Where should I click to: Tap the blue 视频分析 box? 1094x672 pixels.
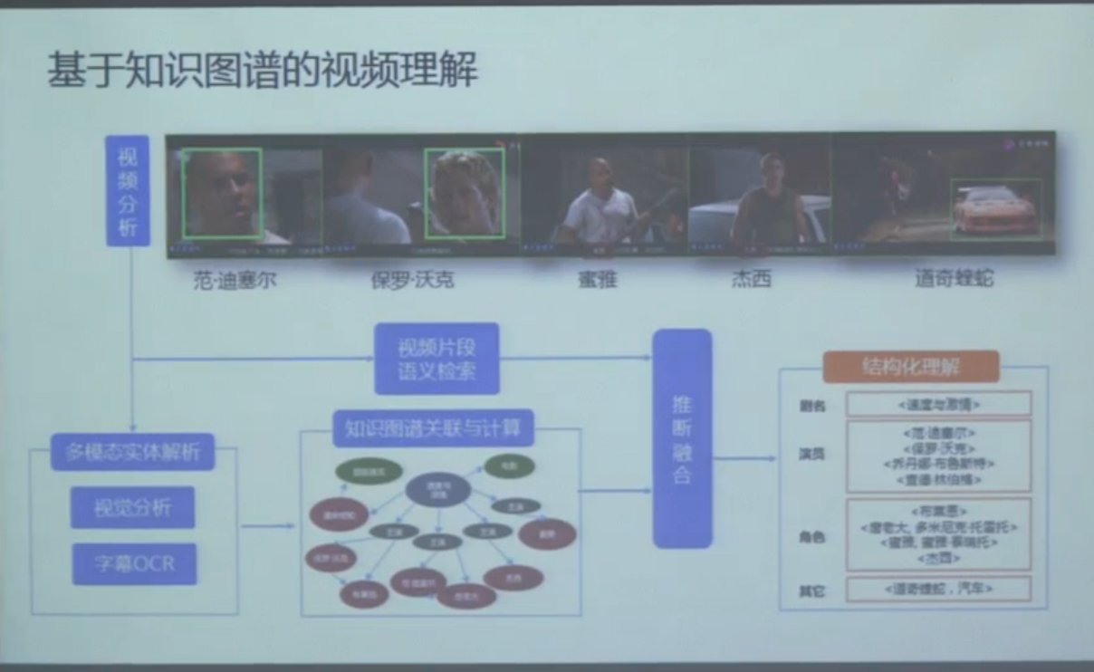(128, 191)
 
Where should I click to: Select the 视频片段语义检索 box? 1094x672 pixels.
(437, 359)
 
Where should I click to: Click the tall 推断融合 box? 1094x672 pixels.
(682, 438)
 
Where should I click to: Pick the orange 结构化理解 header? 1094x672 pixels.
(910, 367)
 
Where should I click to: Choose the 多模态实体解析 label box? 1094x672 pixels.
(132, 450)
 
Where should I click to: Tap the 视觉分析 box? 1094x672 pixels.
(132, 507)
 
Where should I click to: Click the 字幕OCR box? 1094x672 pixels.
(134, 563)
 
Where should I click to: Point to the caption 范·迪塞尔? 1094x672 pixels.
(235, 279)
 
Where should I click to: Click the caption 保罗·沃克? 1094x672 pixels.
(412, 279)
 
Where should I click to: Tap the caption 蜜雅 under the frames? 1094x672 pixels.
(597, 279)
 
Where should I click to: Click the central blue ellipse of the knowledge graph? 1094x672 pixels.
(437, 490)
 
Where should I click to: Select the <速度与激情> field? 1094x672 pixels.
(937, 404)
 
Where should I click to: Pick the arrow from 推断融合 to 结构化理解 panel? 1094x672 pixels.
(744, 458)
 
